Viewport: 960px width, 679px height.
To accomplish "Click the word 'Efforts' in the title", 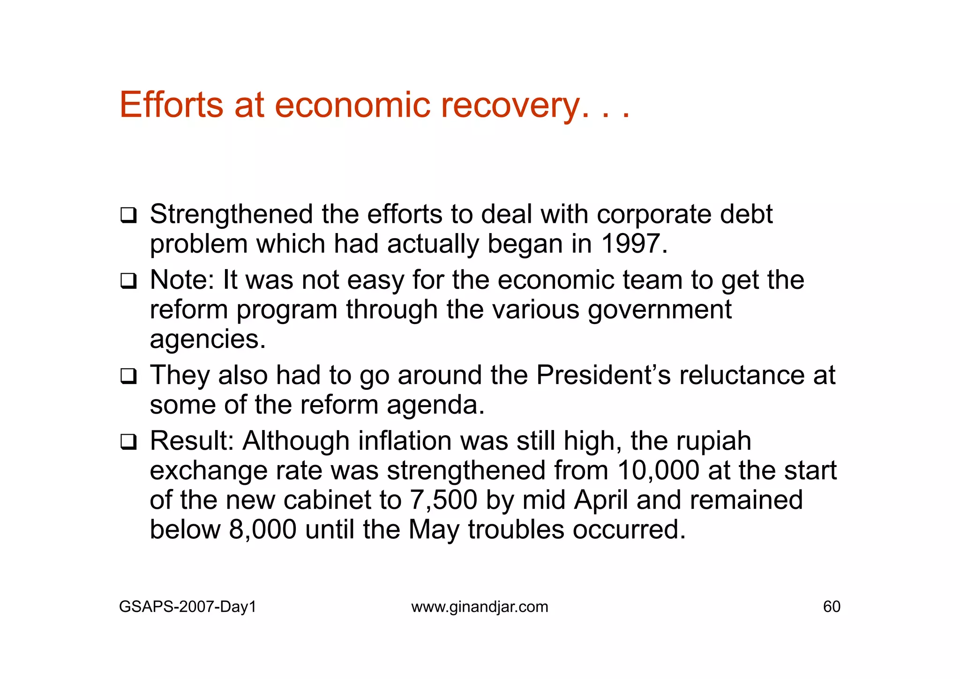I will (x=171, y=105).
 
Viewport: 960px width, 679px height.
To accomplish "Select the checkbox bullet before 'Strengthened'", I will (x=128, y=216).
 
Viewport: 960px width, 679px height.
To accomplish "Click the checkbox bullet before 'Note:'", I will (x=128, y=281).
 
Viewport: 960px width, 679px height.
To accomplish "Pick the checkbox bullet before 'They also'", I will (x=128, y=377).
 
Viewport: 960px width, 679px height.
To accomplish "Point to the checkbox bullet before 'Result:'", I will (x=128, y=442).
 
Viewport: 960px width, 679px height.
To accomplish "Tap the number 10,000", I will (x=658, y=470).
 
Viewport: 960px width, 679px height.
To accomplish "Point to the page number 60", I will (x=832, y=607).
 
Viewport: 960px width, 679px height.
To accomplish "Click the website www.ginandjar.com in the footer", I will (x=480, y=607).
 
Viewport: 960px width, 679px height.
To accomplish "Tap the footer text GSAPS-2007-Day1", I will (x=187, y=607).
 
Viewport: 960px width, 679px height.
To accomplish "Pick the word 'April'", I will (x=600, y=500).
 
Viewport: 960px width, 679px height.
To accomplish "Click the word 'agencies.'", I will (x=208, y=340).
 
